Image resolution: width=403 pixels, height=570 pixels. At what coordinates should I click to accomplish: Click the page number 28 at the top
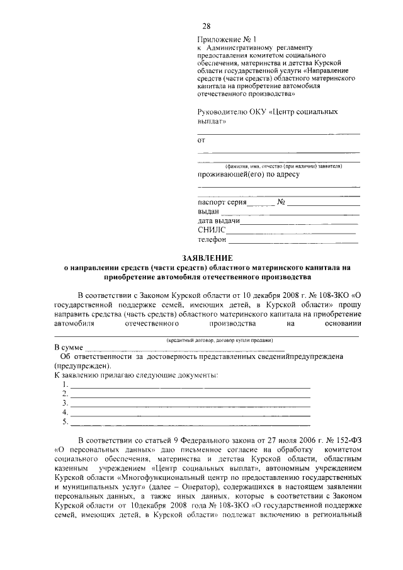click(x=206, y=26)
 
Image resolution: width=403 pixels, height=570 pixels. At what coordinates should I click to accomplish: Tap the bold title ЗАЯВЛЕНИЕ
click(x=207, y=258)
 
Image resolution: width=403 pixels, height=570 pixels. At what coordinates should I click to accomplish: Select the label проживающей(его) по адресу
click(x=248, y=174)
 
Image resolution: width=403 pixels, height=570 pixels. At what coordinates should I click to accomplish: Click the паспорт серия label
click(x=221, y=202)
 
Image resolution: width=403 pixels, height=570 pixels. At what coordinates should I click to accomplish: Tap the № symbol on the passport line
click(x=281, y=202)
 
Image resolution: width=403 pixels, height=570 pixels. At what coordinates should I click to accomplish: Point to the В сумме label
click(x=69, y=348)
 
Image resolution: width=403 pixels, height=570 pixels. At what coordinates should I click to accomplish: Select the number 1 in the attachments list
click(x=65, y=384)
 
